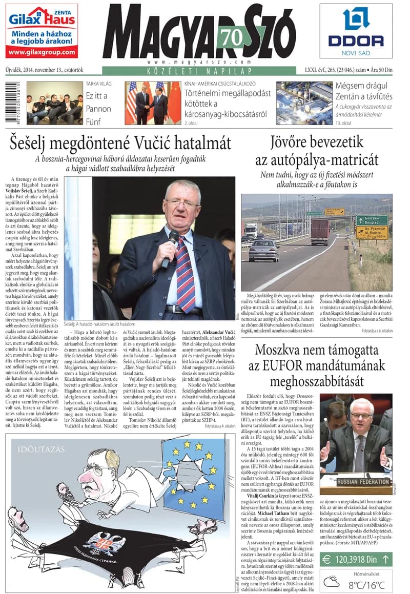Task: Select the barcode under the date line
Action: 12,103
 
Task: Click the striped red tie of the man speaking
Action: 185,281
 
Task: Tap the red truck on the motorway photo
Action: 320,232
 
